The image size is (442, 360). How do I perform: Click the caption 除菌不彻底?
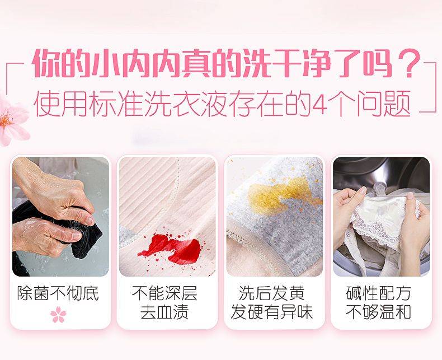pyautogui.click(x=58, y=293)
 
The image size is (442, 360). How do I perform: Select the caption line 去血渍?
pyautogui.click(x=164, y=312)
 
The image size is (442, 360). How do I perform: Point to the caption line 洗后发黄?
pyautogui.click(x=272, y=293)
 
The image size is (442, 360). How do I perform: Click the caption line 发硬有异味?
pyautogui.click(x=272, y=312)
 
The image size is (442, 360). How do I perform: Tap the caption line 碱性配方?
pyautogui.click(x=379, y=293)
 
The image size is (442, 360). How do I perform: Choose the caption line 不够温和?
pyautogui.click(x=379, y=312)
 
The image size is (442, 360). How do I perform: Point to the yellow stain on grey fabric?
pyautogui.click(x=279, y=192)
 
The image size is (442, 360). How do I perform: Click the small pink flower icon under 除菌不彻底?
pyautogui.click(x=58, y=315)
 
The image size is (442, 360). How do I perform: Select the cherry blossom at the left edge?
pyautogui.click(x=13, y=120)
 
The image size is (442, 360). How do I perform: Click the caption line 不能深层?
pyautogui.click(x=164, y=293)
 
